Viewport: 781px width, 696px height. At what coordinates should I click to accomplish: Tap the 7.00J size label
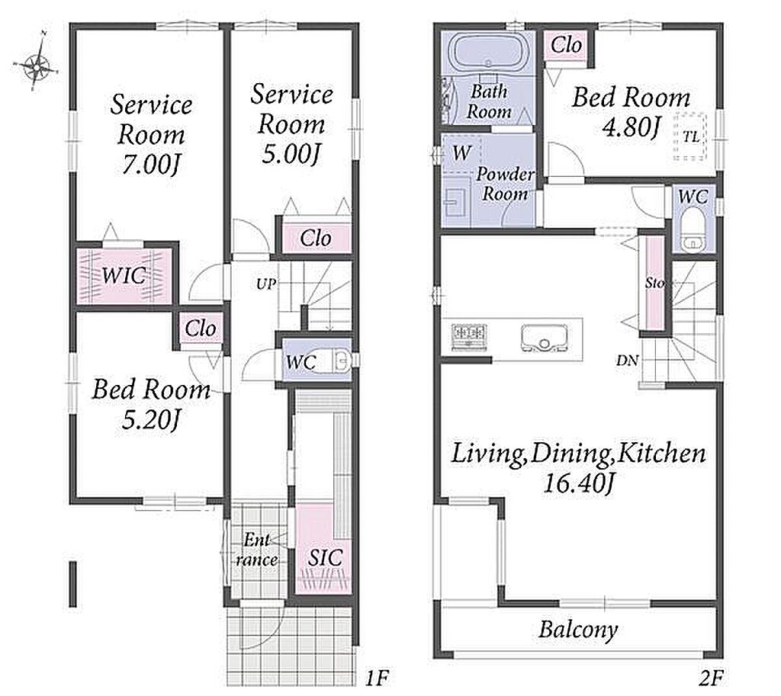point(150,165)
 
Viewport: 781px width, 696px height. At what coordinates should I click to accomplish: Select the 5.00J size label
point(291,154)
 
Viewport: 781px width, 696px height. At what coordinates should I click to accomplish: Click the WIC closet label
point(124,274)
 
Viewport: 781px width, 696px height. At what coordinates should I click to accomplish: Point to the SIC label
point(325,557)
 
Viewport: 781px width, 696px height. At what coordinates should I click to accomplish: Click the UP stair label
point(266,284)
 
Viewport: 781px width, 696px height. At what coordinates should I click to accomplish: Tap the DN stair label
point(627,361)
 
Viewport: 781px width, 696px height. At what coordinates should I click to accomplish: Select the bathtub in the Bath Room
point(487,54)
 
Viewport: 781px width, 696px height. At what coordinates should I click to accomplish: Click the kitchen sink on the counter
point(544,338)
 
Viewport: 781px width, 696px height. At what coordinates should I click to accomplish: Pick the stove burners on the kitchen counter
point(469,335)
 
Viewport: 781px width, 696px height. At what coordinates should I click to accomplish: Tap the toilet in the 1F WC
point(333,361)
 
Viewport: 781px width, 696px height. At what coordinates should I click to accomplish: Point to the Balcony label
point(578,630)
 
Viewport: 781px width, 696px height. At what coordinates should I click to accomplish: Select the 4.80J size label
point(631,127)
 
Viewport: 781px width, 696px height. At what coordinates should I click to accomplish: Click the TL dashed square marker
point(689,137)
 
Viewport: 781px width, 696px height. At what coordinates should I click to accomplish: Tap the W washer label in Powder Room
point(461,152)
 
